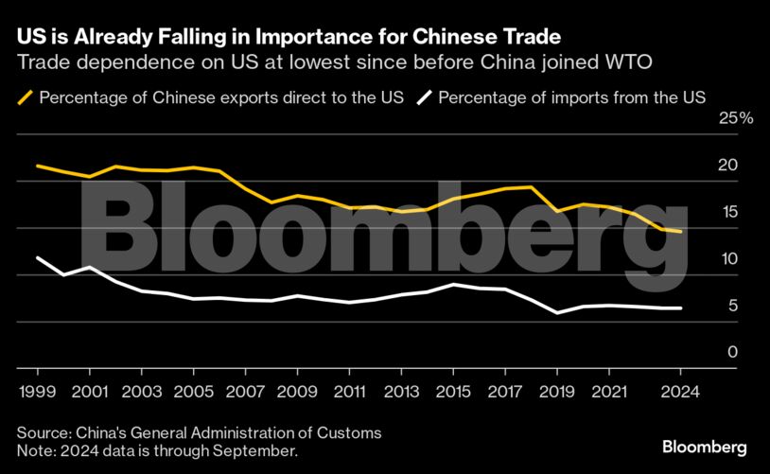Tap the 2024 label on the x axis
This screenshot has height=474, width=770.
pyautogui.click(x=681, y=389)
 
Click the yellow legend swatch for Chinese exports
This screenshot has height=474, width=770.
pyautogui.click(x=25, y=97)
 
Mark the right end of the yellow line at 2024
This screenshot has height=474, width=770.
pyautogui.click(x=681, y=232)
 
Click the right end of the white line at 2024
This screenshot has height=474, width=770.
pyautogui.click(x=681, y=308)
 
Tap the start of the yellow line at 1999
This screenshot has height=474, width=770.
pyautogui.click(x=37, y=166)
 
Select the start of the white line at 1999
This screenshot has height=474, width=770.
pyautogui.click(x=37, y=257)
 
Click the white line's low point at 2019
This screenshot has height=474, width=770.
pyautogui.click(x=558, y=313)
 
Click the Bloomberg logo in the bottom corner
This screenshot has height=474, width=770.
pyautogui.click(x=705, y=447)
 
